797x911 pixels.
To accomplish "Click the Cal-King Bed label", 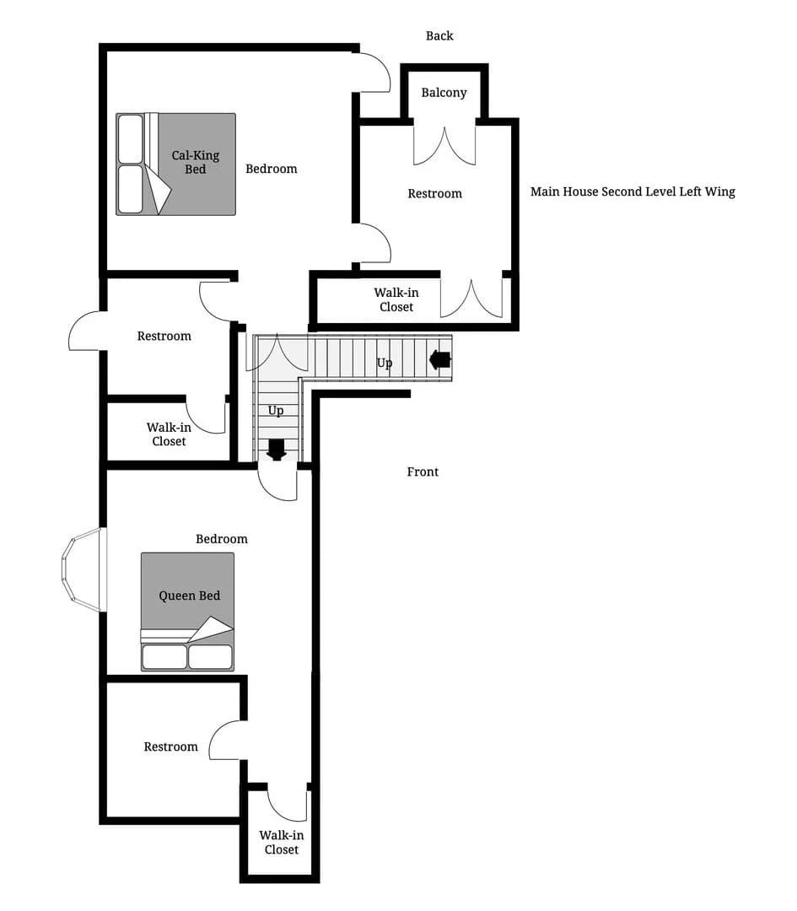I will (195, 162).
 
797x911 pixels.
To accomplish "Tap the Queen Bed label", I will (189, 596).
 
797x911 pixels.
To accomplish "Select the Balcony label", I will (444, 93).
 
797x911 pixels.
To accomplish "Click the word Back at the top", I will (439, 35).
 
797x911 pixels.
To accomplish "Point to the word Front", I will (423, 472).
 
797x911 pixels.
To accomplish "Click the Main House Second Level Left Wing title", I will (633, 191).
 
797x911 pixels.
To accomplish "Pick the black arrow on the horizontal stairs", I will (439, 359).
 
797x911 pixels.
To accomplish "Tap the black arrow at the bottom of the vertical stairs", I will (276, 450).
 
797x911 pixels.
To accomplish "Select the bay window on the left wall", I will (83, 569).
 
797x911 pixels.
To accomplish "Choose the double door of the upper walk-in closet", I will (471, 298).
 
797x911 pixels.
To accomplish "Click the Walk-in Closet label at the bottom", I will (281, 842).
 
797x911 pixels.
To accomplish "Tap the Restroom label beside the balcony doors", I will (434, 194).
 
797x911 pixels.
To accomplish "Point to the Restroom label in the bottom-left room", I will (170, 747).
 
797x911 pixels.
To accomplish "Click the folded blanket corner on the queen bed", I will (210, 629).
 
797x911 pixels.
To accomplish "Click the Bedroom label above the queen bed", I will (222, 539).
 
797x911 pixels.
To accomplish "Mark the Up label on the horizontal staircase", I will (384, 364).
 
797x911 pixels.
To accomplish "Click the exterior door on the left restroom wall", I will (86, 332).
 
